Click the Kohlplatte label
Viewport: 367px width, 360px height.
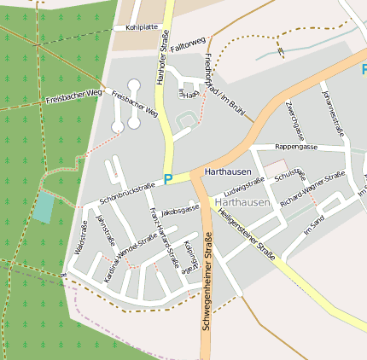[x=143, y=27]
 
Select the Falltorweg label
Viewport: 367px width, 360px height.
[x=188, y=45]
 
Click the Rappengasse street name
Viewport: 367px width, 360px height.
[x=295, y=148]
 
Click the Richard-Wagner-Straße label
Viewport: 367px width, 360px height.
[x=312, y=190]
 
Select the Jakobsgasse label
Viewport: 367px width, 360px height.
[x=179, y=208]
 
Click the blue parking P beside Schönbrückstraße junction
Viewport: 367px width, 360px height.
[x=168, y=179]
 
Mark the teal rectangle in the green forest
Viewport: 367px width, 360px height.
[x=44, y=207]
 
